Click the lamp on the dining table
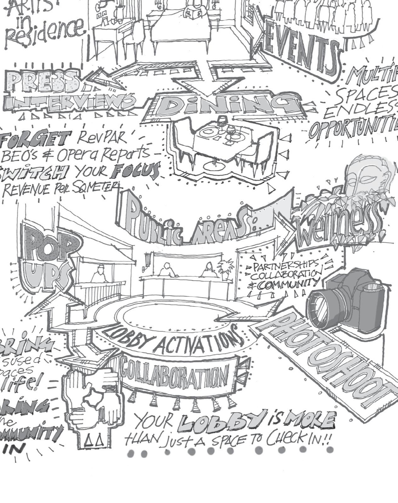[223, 121]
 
